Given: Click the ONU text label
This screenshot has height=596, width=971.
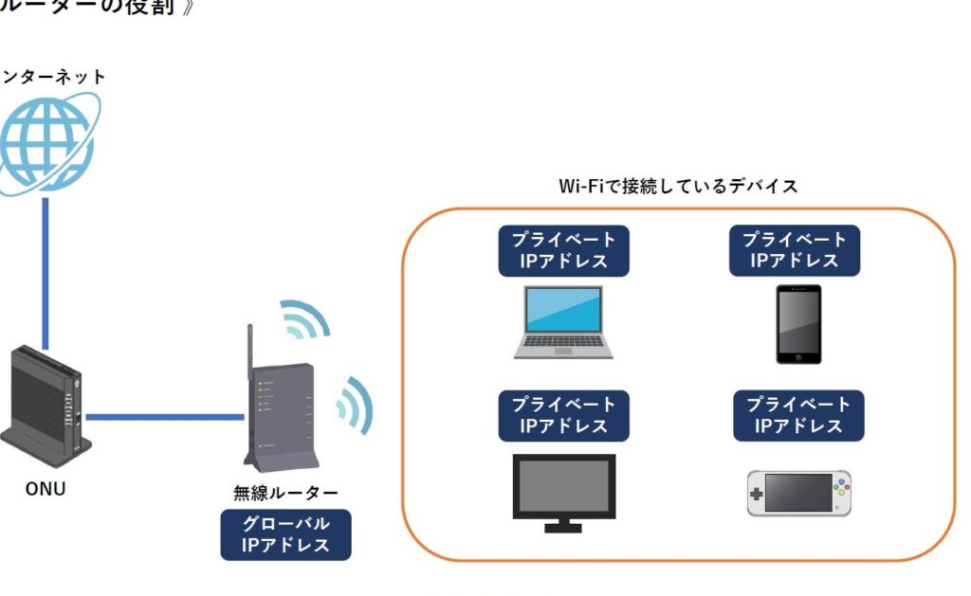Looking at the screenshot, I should (x=46, y=490).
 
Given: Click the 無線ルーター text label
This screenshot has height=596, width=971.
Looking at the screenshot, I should (x=285, y=493).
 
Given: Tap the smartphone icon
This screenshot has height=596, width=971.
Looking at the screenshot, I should (x=798, y=323).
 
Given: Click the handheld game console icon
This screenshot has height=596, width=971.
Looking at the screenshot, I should (x=798, y=493).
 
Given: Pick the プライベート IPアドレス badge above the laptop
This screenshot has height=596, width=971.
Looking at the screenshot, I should (x=563, y=250).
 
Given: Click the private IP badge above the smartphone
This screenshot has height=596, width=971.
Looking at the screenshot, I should (x=795, y=250).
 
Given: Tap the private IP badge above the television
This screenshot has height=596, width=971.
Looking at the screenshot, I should (x=563, y=415).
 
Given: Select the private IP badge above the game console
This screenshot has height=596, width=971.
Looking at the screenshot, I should (x=798, y=415).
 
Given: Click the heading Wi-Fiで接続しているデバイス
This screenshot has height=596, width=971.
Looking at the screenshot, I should (x=678, y=186).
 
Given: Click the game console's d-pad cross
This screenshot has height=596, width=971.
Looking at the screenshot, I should (x=757, y=495).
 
